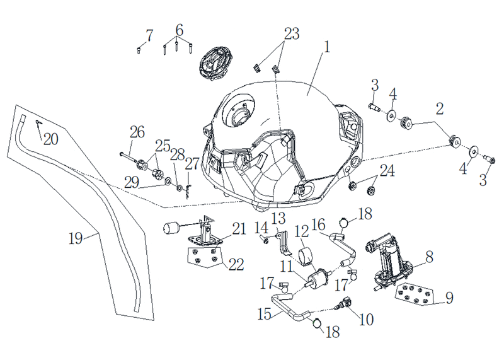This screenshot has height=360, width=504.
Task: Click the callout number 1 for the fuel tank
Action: click(327, 47)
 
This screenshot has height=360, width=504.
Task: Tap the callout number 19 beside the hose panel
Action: click(76, 238)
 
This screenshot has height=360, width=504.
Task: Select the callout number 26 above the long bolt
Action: click(137, 132)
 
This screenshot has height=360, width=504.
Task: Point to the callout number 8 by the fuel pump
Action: click(429, 257)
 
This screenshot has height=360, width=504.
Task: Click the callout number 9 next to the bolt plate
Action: click(450, 298)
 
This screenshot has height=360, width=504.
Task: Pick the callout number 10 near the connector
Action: click(367, 320)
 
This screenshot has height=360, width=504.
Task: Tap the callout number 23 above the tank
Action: click(292, 33)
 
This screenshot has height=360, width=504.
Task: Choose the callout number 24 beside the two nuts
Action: click(387, 171)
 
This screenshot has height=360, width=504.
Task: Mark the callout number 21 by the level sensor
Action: click(239, 229)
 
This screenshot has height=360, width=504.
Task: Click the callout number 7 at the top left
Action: click(149, 35)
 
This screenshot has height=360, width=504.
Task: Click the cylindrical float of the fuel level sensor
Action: click(171, 229)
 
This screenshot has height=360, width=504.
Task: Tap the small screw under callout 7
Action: click(139, 50)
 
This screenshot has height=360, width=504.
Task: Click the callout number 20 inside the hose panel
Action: click(51, 139)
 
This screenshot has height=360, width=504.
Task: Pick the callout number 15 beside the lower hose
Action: click(265, 315)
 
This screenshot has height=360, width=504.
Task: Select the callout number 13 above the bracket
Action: click(278, 218)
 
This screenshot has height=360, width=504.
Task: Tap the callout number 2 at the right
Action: click(439, 108)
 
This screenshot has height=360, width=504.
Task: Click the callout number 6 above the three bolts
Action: click(180, 30)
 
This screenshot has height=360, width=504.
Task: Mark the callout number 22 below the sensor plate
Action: click(236, 265)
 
